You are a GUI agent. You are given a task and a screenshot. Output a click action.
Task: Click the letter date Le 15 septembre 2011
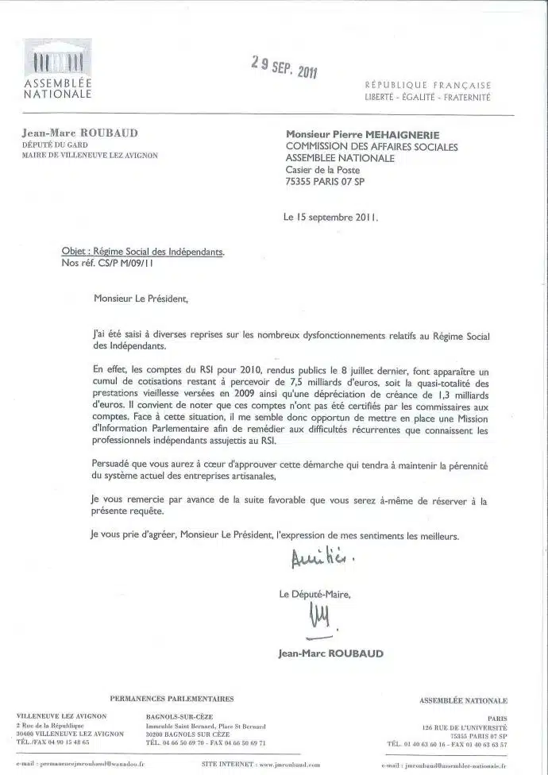[330, 215]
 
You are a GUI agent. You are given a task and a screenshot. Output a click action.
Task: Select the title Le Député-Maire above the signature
[315, 593]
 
